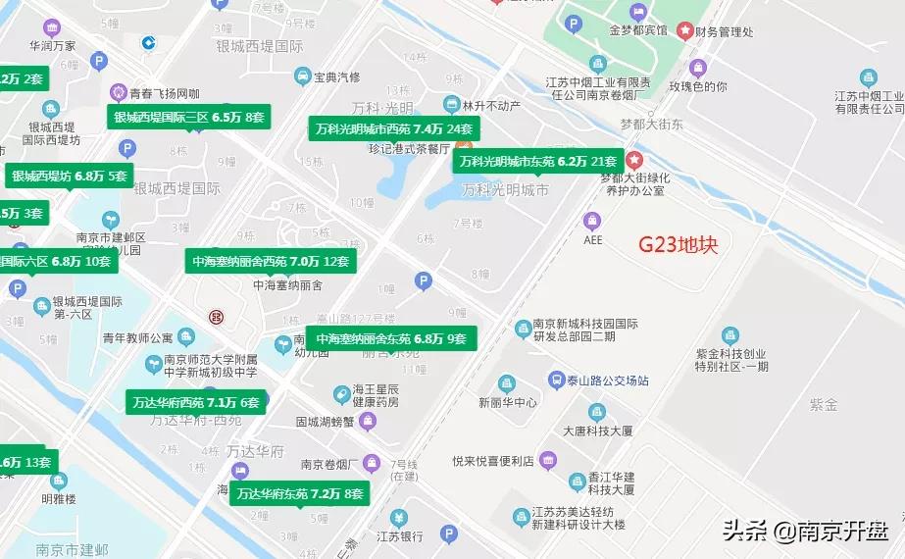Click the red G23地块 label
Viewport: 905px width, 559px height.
coord(679,244)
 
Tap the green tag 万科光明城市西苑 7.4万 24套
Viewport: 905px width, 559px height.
coord(394,128)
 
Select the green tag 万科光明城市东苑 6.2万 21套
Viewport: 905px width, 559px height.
coord(538,161)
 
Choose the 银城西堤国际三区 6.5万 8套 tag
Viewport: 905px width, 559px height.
coord(189,117)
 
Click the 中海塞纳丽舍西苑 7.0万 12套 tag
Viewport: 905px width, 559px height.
coord(271,261)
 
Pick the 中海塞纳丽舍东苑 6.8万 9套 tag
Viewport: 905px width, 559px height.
coord(391,339)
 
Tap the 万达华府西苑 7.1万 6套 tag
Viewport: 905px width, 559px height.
coord(196,402)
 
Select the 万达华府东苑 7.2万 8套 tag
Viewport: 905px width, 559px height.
coord(300,493)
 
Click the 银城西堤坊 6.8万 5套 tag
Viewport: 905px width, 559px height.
coord(70,177)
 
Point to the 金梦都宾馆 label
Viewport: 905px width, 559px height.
coord(636,29)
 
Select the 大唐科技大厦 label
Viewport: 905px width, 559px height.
coord(597,431)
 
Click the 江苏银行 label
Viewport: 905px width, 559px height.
coord(399,535)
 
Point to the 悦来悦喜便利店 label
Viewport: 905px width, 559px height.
coord(492,460)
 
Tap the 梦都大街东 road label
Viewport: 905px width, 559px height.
coord(651,125)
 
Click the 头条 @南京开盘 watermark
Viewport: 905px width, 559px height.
coord(806,533)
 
